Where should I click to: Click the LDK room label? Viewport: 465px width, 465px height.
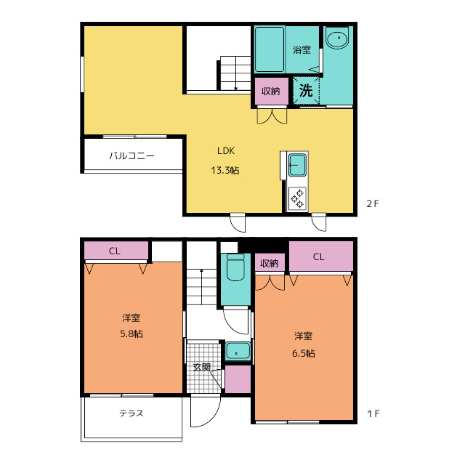(x=226, y=151)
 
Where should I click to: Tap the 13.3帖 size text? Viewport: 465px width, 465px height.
(x=225, y=170)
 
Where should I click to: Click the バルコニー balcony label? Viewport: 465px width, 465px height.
(x=132, y=155)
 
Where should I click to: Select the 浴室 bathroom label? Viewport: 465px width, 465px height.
(x=302, y=50)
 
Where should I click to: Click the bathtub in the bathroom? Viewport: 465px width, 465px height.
(x=270, y=49)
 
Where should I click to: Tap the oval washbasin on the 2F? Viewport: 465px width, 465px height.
(x=338, y=39)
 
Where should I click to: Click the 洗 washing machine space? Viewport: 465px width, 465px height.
(x=306, y=90)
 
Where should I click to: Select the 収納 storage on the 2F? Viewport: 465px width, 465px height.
(x=271, y=91)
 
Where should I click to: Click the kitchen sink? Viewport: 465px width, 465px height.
(x=297, y=165)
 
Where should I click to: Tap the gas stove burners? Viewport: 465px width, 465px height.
(x=297, y=198)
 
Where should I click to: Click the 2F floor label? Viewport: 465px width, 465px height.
(x=373, y=203)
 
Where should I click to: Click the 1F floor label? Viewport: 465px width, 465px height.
(x=373, y=413)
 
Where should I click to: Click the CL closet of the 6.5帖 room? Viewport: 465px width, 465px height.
(x=321, y=256)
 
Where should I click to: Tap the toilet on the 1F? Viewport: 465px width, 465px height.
(x=235, y=267)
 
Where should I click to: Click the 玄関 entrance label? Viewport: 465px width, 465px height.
(x=202, y=367)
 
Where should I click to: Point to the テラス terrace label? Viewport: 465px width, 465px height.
(x=132, y=413)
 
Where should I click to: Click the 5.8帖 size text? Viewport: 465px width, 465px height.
(x=132, y=334)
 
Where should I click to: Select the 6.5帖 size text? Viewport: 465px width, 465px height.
(x=304, y=353)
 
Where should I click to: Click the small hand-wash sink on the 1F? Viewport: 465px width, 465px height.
(x=238, y=351)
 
